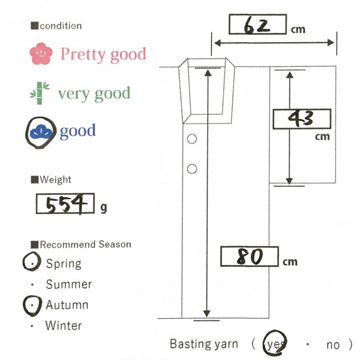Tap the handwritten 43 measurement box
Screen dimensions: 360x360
(x=301, y=119)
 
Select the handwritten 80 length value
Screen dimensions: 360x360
(x=249, y=257)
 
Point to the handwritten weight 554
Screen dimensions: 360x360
(x=65, y=205)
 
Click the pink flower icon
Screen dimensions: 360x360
(x=40, y=54)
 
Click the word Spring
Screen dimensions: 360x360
(x=63, y=263)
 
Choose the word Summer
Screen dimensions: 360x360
(x=69, y=284)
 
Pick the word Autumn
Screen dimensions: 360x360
(x=67, y=305)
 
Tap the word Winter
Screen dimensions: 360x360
(x=63, y=326)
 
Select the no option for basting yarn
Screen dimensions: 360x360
(x=332, y=344)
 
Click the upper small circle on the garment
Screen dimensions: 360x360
(x=192, y=139)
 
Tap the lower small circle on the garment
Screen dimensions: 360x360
(x=192, y=169)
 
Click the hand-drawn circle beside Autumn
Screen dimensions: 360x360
(x=32, y=305)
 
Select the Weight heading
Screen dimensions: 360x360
(x=55, y=180)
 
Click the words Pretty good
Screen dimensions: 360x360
(x=103, y=55)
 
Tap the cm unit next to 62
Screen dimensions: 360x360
(x=298, y=29)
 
